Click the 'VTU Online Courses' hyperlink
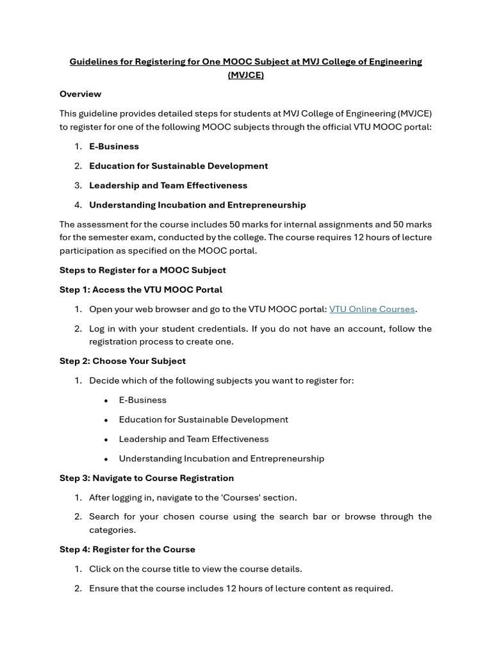(372, 309)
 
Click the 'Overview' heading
(80, 94)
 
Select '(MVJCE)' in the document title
(245, 75)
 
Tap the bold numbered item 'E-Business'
(114, 146)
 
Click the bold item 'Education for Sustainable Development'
(178, 166)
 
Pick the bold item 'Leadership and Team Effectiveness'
(168, 185)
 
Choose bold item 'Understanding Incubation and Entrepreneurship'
(197, 205)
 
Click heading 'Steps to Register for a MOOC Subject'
(142, 270)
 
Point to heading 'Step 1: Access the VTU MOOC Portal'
(141, 290)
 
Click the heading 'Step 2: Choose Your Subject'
(122, 361)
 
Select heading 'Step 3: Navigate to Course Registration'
(147, 478)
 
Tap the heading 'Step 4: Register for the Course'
(127, 549)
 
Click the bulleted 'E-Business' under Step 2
(142, 400)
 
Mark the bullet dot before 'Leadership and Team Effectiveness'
(106, 439)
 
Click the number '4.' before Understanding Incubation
(78, 205)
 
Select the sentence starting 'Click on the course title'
(195, 569)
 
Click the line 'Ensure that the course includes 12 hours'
(241, 588)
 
